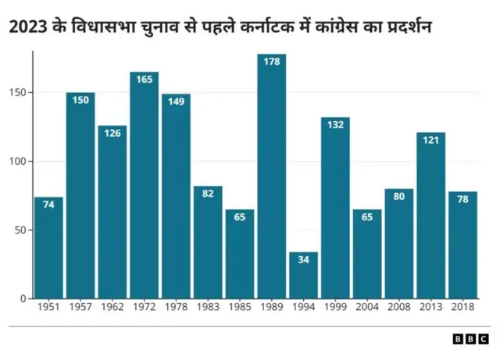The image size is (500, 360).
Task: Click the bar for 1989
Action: point(272,176)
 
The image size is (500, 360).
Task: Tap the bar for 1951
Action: point(48,248)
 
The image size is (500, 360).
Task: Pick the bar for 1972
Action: point(144,185)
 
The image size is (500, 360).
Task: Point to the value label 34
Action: point(304,260)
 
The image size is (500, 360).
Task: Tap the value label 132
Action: point(335,126)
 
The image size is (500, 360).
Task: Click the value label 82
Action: point(208,194)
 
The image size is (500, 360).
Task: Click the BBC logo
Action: point(470,339)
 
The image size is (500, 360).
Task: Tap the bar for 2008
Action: point(398,244)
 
